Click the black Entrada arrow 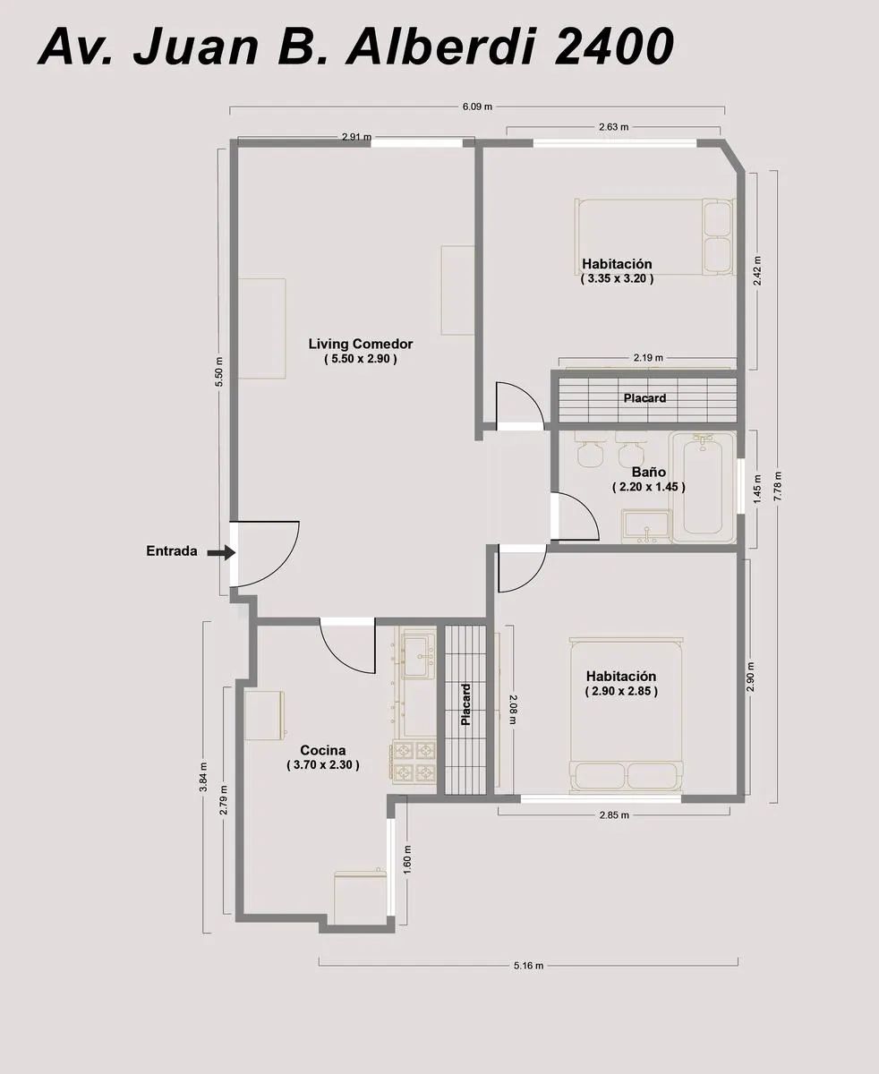(x=221, y=552)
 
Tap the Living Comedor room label (x=361, y=344)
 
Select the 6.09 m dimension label (x=477, y=107)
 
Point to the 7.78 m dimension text (x=777, y=486)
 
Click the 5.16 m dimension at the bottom (x=529, y=966)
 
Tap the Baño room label (x=648, y=472)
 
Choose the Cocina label (x=323, y=750)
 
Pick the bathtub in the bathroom (x=703, y=488)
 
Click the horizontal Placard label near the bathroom (x=644, y=397)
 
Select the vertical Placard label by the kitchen (x=465, y=704)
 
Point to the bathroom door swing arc (x=585, y=510)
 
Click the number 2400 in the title (x=614, y=47)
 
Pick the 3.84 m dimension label (x=203, y=777)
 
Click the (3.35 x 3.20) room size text (x=618, y=278)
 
